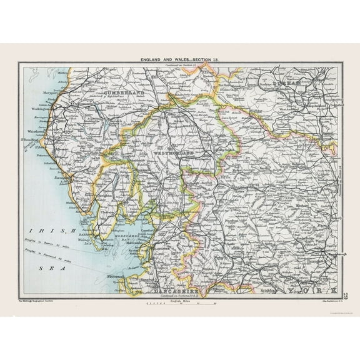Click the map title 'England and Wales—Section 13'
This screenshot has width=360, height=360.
click(181, 58)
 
